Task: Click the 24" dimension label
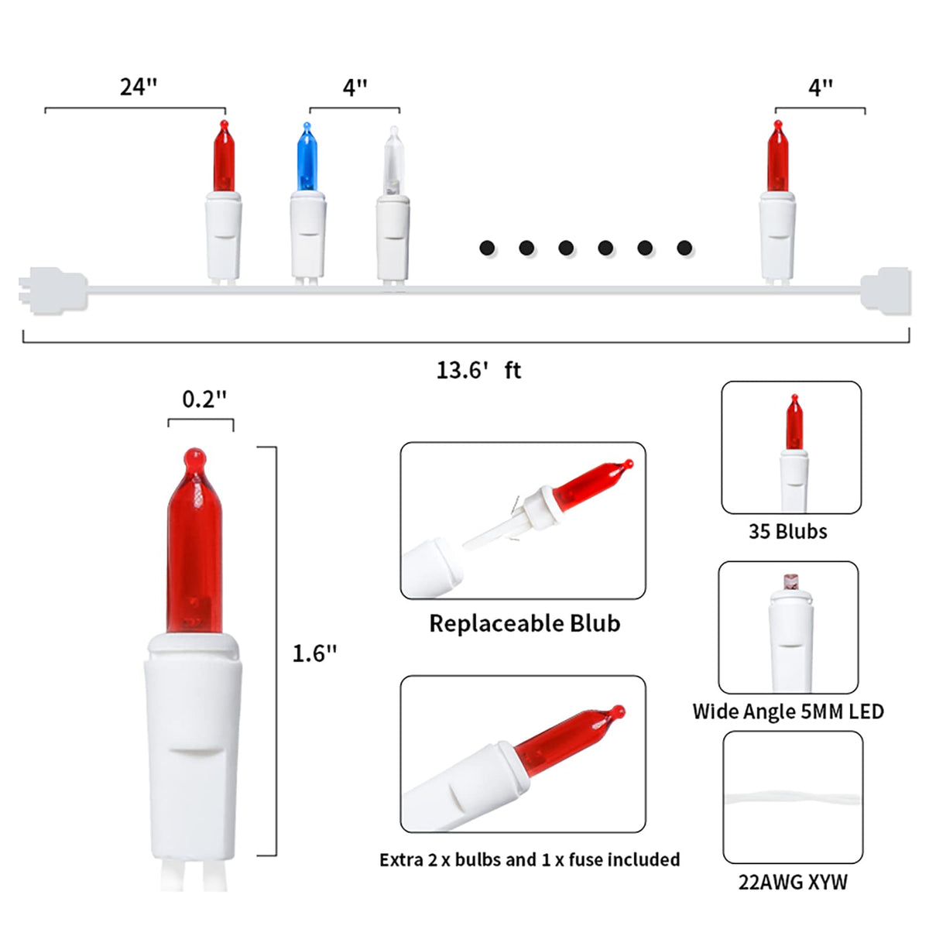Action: (139, 87)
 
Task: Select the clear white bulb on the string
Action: (393, 160)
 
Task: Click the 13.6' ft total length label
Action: (478, 370)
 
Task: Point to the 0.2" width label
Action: (204, 399)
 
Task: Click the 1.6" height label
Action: (314, 653)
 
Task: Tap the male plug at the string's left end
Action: (53, 291)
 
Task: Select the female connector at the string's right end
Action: (886, 291)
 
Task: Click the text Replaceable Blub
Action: (525, 623)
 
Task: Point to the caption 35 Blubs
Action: (788, 531)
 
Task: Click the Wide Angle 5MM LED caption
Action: (788, 711)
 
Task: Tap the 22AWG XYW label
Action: (793, 883)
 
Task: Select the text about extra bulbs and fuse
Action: (530, 859)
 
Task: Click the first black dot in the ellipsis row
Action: (487, 248)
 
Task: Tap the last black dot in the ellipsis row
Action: (684, 248)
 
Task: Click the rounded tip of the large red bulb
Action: (195, 457)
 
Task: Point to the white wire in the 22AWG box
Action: (793, 799)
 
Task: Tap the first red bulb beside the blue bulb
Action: (224, 156)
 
